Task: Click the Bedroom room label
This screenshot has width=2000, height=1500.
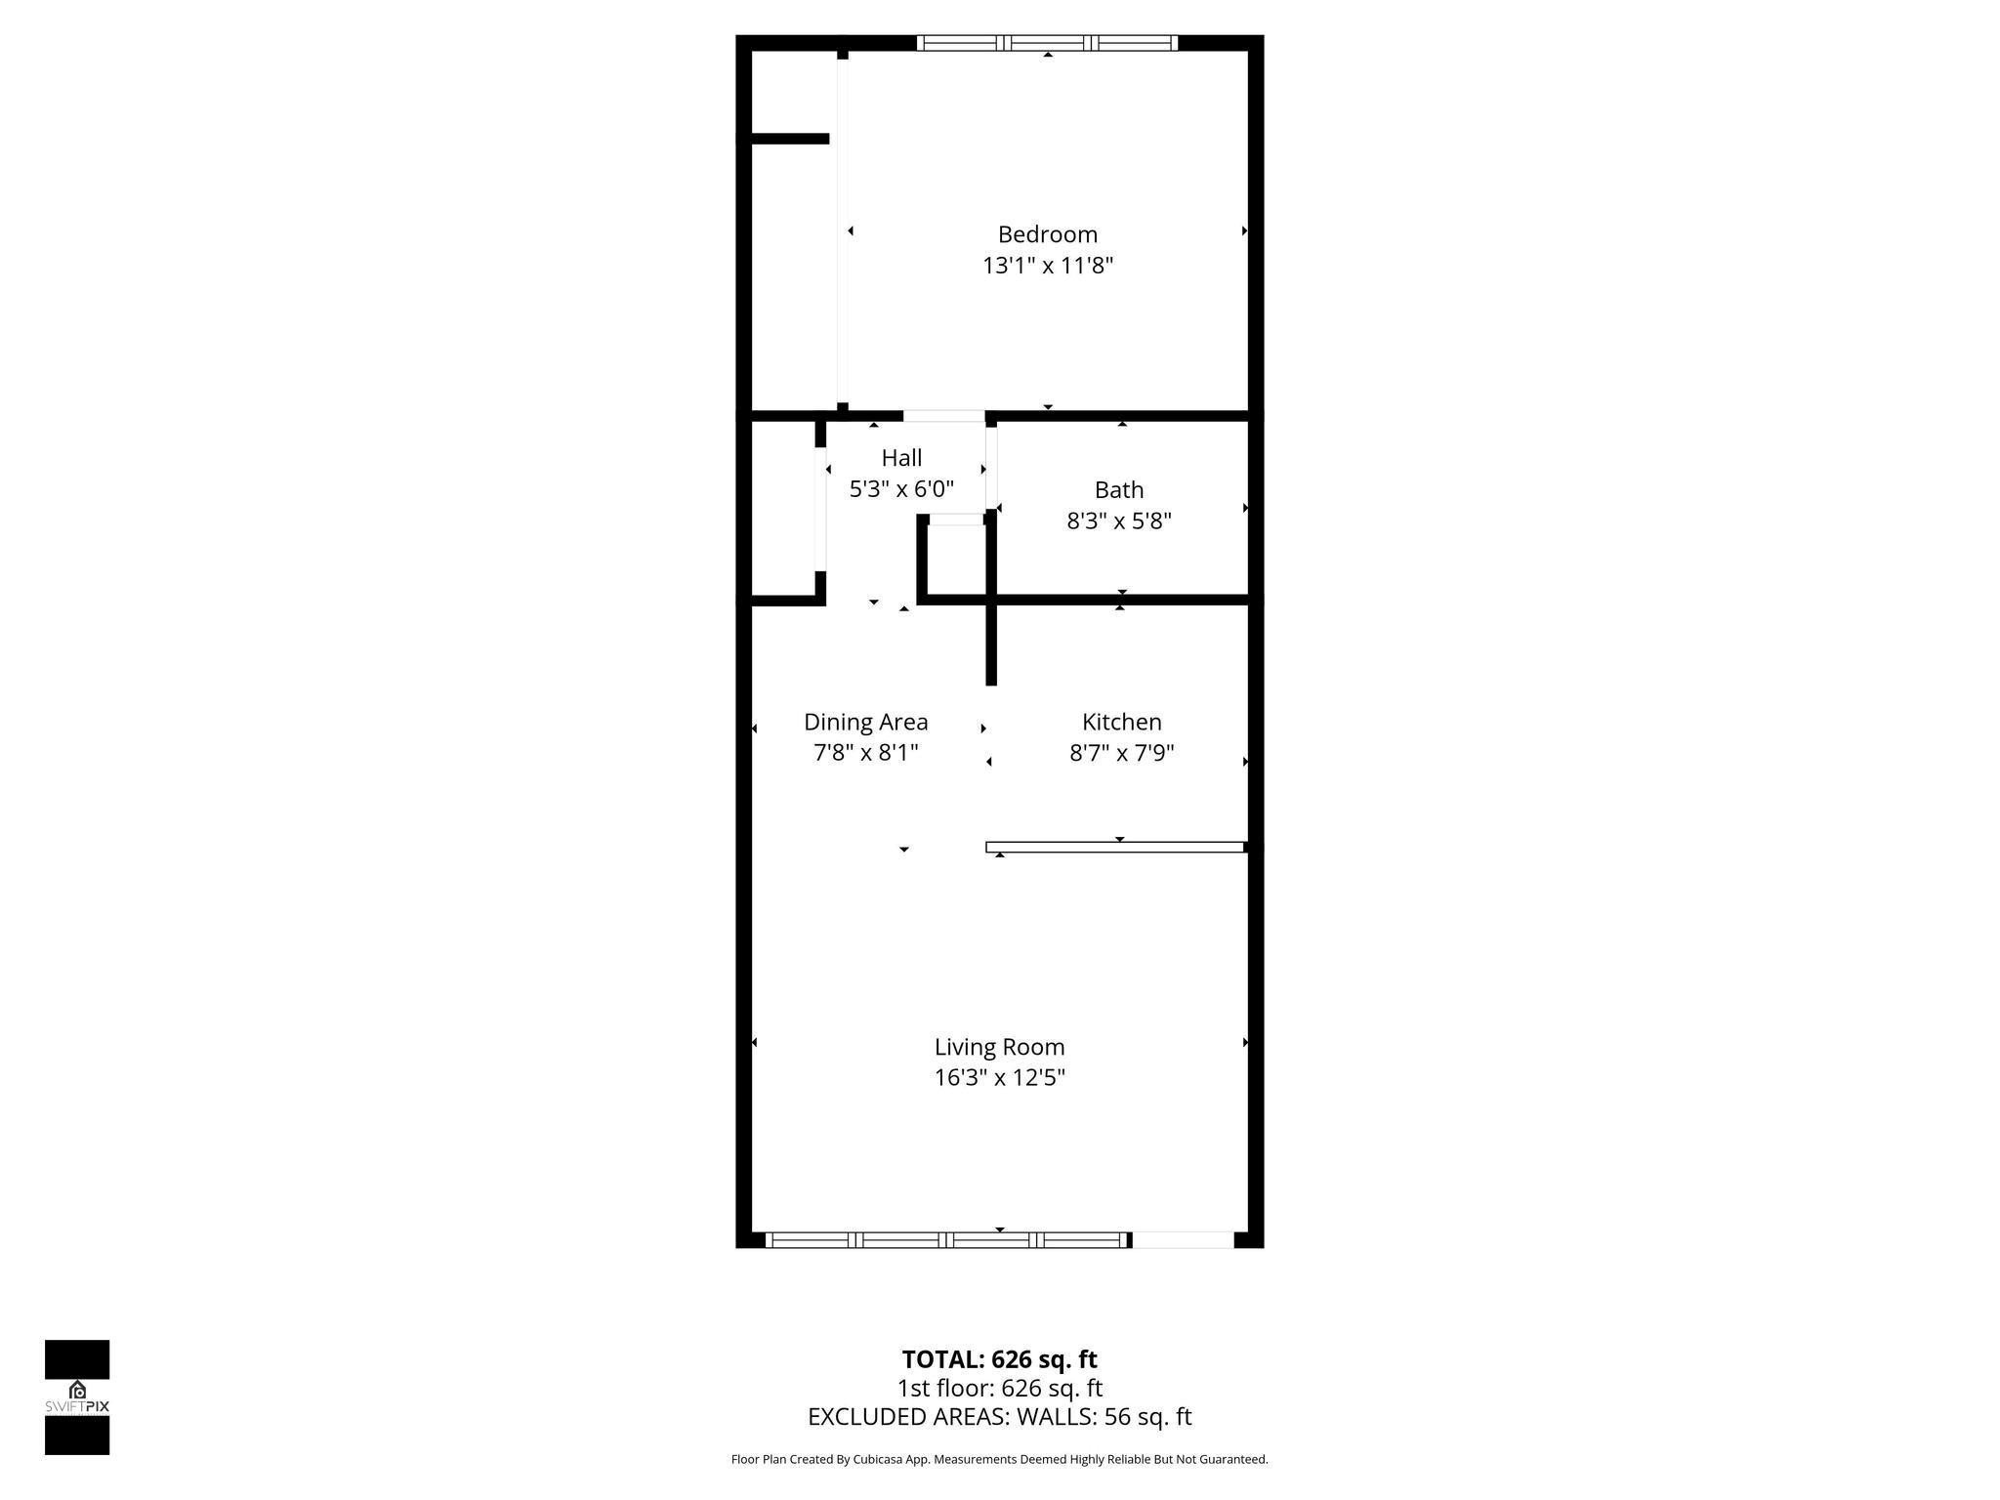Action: pos(1047,234)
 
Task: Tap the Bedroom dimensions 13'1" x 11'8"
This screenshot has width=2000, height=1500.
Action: pos(1047,266)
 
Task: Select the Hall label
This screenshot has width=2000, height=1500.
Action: pos(901,458)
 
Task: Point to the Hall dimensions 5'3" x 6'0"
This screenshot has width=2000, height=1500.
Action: pos(901,489)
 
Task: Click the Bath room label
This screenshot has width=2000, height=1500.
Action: pos(1118,490)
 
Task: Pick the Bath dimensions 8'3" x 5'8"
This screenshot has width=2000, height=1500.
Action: pos(1118,521)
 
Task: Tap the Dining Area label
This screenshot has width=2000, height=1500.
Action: pos(865,722)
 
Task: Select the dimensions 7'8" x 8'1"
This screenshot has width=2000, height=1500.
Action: pos(865,753)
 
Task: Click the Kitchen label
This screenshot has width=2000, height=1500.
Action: pos(1121,722)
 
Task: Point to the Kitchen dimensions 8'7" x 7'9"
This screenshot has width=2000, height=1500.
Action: pos(1121,753)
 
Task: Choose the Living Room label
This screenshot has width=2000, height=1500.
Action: pos(999,1047)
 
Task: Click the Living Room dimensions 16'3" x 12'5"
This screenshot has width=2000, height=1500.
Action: pos(999,1078)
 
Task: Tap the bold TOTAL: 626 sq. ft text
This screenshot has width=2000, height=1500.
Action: pos(999,1359)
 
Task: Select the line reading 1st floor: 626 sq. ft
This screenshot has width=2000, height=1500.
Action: pos(999,1388)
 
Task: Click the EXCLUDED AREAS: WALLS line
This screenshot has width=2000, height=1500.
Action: pos(999,1417)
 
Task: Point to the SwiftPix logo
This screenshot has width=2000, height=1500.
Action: pos(77,1397)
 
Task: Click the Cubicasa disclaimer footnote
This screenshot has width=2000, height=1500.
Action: pos(999,1460)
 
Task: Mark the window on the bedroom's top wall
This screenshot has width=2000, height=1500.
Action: pos(1047,43)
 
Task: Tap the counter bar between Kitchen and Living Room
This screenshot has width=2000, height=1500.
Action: pos(1115,847)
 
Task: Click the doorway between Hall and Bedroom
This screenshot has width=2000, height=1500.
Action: pos(943,416)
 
